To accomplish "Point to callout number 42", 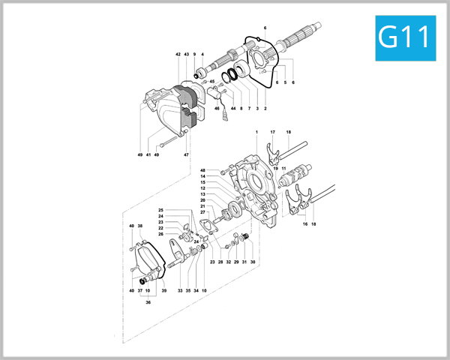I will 178,55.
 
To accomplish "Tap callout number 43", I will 186,55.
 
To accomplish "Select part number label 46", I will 217,109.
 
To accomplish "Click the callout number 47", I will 186,154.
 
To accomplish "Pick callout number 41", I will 149,154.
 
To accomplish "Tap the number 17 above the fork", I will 273,132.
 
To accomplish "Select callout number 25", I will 160,210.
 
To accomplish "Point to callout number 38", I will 140,226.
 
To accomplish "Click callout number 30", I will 253,262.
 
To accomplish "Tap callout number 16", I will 304,224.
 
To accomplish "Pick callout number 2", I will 265,109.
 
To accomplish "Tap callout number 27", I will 202,212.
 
